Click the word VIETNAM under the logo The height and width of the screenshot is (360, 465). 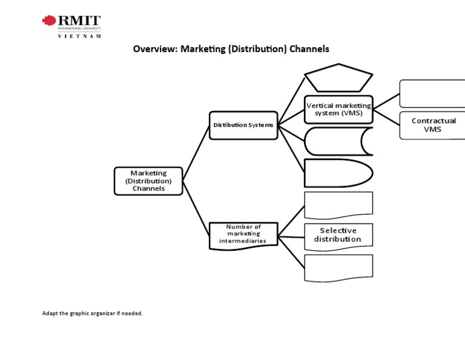79,36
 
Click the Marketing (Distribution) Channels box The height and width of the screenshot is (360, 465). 148,181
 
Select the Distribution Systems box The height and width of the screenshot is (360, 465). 243,125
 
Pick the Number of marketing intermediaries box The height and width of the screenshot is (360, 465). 243,234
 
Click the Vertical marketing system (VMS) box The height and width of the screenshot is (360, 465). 338,109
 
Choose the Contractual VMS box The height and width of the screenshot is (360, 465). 433,125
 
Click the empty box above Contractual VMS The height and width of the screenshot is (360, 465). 433,93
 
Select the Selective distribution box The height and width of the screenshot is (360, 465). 338,235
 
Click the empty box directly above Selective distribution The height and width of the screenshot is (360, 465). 338,204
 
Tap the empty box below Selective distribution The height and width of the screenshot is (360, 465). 338,268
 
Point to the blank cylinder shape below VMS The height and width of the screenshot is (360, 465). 337,142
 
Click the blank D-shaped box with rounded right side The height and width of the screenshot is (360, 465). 337,173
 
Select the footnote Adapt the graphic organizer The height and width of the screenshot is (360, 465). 92,313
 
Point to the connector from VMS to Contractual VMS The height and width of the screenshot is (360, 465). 386,116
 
